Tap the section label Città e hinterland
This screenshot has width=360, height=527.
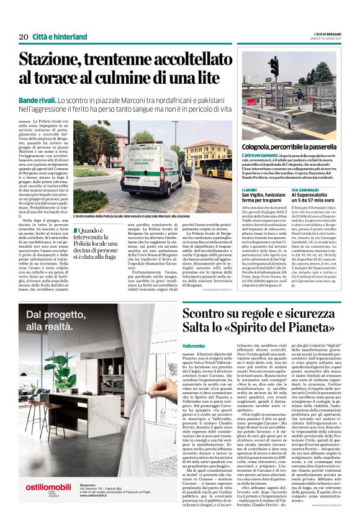click(60, 37)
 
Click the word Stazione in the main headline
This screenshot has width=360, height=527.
click(57, 61)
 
